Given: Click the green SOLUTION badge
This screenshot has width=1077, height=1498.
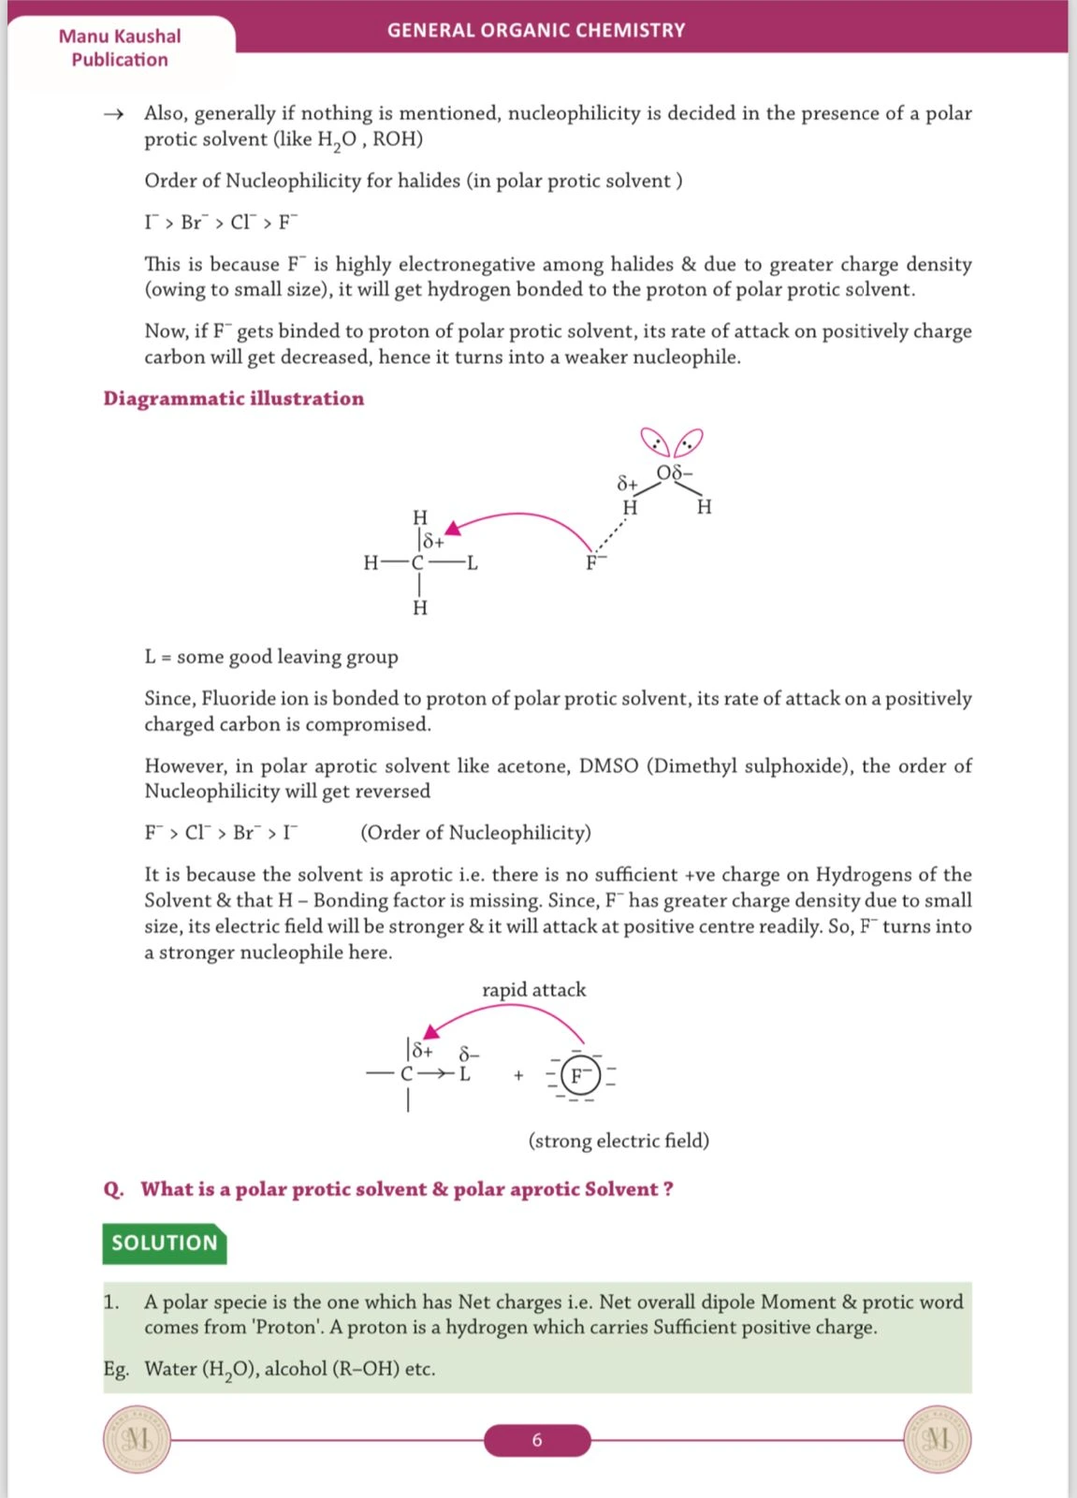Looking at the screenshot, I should coord(164,1243).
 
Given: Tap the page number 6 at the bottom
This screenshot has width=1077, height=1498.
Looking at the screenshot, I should coord(537,1440).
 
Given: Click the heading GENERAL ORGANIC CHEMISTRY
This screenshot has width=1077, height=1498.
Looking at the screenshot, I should coord(536,30).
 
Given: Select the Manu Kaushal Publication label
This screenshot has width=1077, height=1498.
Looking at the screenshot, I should coord(120,48).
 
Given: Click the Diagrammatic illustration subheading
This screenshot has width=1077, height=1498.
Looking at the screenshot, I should coord(233,399).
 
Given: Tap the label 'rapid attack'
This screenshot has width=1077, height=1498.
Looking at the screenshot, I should coord(533,990).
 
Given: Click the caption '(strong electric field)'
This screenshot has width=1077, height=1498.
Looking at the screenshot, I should coord(619,1141).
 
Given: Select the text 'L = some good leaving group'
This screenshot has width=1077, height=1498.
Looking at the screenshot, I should coord(271,657).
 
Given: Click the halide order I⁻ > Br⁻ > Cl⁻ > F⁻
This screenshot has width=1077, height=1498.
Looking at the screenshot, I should coord(221,223).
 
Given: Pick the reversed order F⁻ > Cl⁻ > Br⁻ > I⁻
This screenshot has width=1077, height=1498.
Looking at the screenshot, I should coord(221,833).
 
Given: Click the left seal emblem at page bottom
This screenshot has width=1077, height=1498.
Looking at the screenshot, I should coord(137,1439).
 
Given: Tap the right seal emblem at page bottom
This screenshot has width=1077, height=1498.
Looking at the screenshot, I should coord(938,1439).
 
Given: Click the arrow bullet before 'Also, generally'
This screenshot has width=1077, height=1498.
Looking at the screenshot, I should coord(113,114).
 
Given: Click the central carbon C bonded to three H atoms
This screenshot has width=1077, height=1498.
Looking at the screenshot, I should coord(418,563).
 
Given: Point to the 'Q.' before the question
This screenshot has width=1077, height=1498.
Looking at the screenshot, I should coord(113,1189).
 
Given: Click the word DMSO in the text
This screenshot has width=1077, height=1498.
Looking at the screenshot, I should coord(608,766).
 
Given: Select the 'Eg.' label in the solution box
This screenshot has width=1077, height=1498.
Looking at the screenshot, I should coord(116,1369).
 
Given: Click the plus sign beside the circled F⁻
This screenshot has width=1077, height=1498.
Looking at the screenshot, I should coord(518,1076).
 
